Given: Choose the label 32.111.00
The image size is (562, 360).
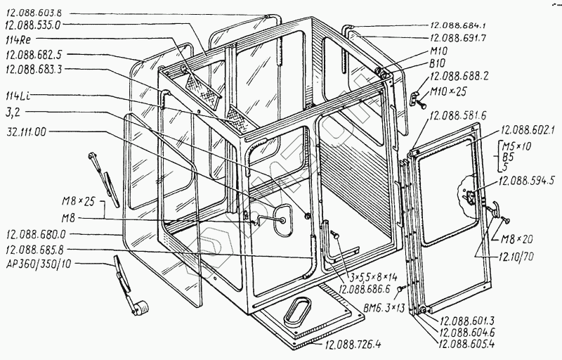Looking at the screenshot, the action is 27,131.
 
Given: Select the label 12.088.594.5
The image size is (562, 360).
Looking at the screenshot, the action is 528,181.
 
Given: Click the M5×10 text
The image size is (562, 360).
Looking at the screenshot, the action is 514,146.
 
